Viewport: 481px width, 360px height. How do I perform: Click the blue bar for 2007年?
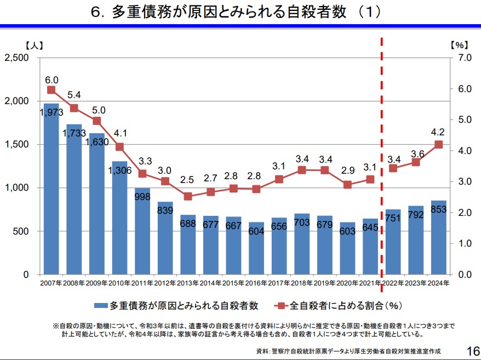point(51,192)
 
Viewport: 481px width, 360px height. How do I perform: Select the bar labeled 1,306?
point(119,219)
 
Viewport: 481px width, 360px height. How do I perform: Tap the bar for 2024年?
point(438,238)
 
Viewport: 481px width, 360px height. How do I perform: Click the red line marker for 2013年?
point(188,196)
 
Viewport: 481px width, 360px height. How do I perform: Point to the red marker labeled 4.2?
point(438,145)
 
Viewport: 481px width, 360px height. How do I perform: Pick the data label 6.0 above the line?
point(51,79)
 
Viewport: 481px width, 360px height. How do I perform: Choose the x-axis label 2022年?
point(393,283)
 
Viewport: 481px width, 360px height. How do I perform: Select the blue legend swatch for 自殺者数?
point(101,305)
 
